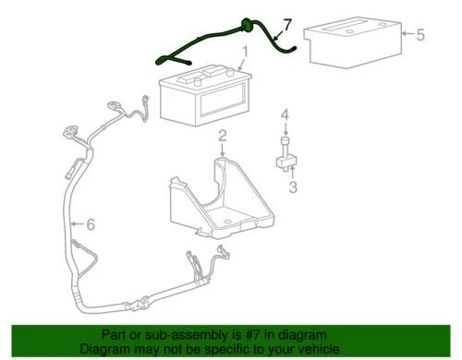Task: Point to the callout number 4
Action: point(286,115)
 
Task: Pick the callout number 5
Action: point(420,36)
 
